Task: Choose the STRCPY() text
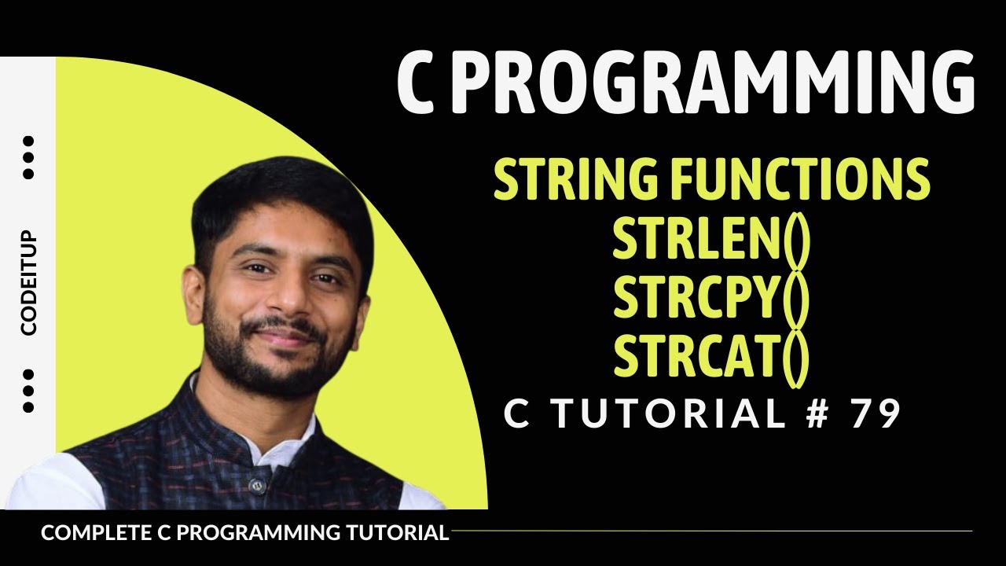(x=711, y=300)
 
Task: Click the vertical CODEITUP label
(x=29, y=283)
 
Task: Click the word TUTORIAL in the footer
(x=398, y=532)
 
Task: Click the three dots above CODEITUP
(x=29, y=157)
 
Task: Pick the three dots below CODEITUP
(x=29, y=390)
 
